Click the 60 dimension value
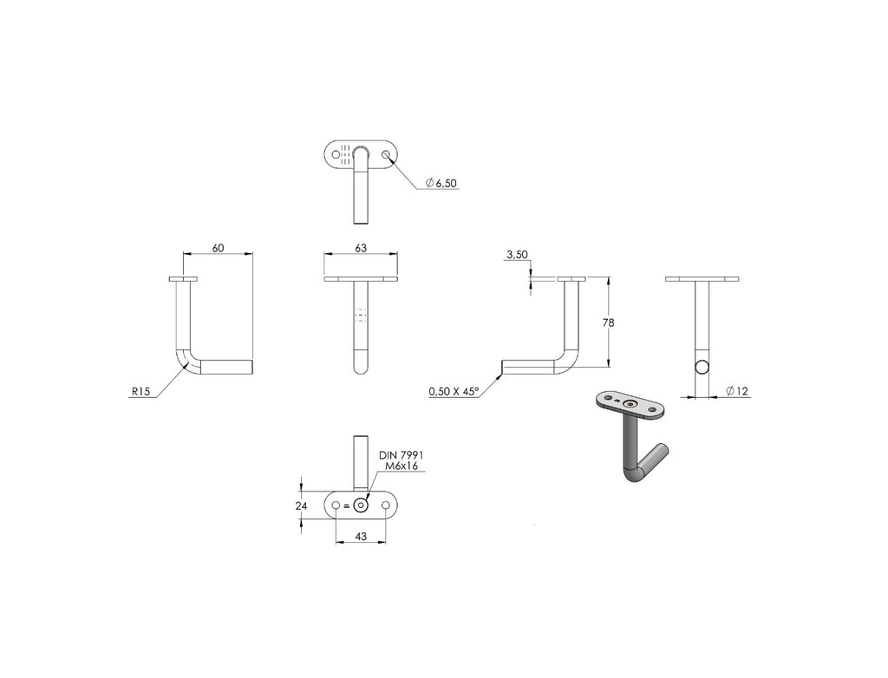pos(218,248)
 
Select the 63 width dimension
pos(361,248)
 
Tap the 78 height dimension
pos(608,323)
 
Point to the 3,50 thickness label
pos(517,255)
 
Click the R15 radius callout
pos(140,391)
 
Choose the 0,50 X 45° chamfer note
pos(454,391)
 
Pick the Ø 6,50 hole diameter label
pos(441,183)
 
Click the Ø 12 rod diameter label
pos(737,391)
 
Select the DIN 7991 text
pos(401,455)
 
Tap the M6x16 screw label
pos(401,466)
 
